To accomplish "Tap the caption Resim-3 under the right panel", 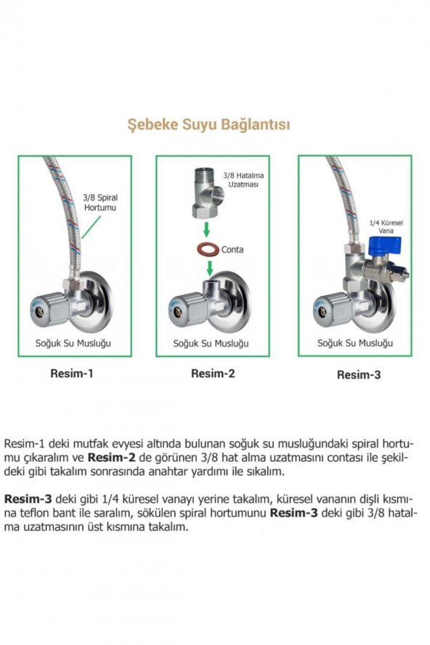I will click(x=358, y=375).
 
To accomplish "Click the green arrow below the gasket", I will click(x=210, y=268).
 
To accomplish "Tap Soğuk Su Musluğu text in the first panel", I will click(x=74, y=342).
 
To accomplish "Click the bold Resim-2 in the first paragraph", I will click(x=110, y=458).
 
